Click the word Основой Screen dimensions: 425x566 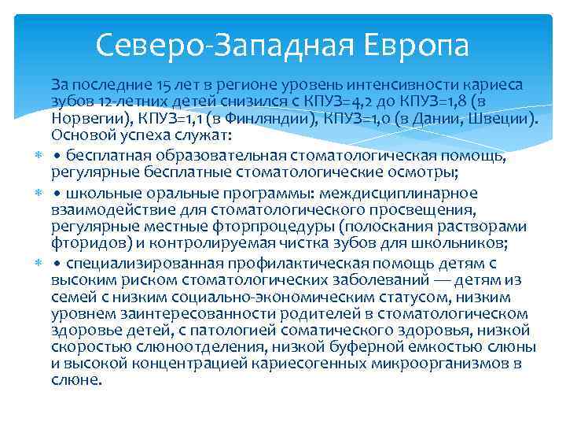80,135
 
